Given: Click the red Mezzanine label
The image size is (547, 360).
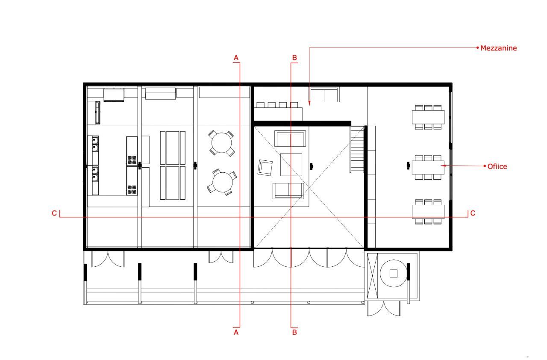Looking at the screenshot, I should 498,48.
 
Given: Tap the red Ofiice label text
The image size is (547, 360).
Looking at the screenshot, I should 497,166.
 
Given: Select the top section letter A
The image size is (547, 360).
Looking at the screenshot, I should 236,57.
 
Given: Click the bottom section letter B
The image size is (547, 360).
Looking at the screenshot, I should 294,332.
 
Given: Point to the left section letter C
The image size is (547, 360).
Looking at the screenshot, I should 54,213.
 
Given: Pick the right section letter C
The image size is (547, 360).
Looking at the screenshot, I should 473,213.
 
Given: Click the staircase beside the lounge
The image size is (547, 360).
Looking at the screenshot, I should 357,149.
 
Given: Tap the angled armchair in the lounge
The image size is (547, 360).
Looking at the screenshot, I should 265,167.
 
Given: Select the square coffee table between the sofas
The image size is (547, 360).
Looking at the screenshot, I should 291,165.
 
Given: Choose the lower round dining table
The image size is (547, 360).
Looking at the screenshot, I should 222,182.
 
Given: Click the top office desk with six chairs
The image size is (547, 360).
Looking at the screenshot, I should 428,117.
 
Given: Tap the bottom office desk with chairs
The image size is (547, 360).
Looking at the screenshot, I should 428,212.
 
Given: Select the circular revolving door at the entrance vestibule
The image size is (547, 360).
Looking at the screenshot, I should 394,273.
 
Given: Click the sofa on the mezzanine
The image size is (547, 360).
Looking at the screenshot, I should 324,95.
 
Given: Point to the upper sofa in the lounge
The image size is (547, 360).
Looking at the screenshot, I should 290,139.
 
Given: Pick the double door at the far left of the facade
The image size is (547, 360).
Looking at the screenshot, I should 108,258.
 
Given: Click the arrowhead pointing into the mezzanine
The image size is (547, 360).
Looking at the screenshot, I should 309,103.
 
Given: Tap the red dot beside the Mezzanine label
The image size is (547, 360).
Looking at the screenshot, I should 477,48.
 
